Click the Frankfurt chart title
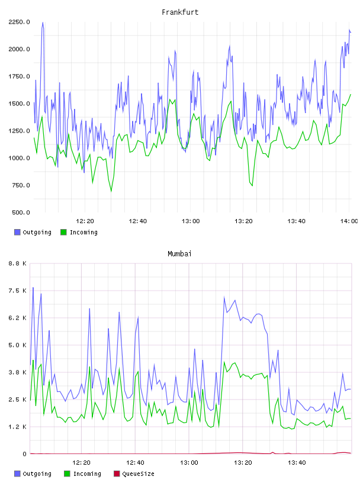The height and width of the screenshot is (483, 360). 180,12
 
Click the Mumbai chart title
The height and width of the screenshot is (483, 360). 179,254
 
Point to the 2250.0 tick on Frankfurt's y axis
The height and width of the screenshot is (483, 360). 19,22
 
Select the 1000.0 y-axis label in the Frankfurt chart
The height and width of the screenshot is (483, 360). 19,158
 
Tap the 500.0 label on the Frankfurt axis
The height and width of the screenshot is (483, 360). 21,212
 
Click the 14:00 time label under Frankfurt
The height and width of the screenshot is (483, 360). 349,221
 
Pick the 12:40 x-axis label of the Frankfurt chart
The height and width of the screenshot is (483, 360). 138,221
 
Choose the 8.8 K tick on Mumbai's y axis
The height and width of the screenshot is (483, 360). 17,263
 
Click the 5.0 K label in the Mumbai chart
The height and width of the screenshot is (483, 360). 17,345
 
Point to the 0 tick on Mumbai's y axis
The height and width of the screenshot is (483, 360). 24,454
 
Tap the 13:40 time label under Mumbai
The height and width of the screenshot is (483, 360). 297,463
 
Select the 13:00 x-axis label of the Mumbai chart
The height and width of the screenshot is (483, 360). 189,463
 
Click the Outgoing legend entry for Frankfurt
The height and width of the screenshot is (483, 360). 33,232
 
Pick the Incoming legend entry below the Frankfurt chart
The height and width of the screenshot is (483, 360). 79,232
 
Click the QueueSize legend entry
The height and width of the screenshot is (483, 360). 134,474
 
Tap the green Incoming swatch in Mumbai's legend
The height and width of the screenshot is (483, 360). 67,474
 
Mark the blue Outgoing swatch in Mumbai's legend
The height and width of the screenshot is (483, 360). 17,474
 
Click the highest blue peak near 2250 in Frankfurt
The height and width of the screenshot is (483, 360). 43,22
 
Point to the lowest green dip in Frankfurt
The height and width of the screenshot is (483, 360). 111,191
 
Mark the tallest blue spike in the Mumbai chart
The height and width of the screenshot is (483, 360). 33,288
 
